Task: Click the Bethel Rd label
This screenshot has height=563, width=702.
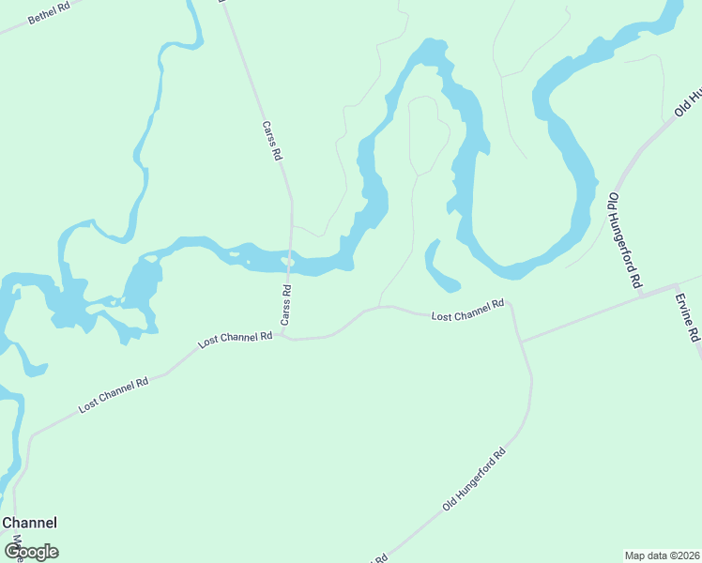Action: [50, 12]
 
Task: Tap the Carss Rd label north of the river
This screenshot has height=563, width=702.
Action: [272, 141]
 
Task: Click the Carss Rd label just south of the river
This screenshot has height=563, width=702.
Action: [285, 307]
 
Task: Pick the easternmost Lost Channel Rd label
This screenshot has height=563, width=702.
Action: [467, 311]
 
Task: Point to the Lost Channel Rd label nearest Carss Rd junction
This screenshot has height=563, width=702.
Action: [236, 339]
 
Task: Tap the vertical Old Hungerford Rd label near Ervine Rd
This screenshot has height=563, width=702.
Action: [625, 240]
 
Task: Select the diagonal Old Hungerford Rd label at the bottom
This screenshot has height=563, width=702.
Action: [474, 479]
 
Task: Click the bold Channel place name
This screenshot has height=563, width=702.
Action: [29, 523]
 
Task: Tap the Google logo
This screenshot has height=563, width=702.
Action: [31, 552]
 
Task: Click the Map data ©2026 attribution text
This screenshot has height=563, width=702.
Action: [662, 555]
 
